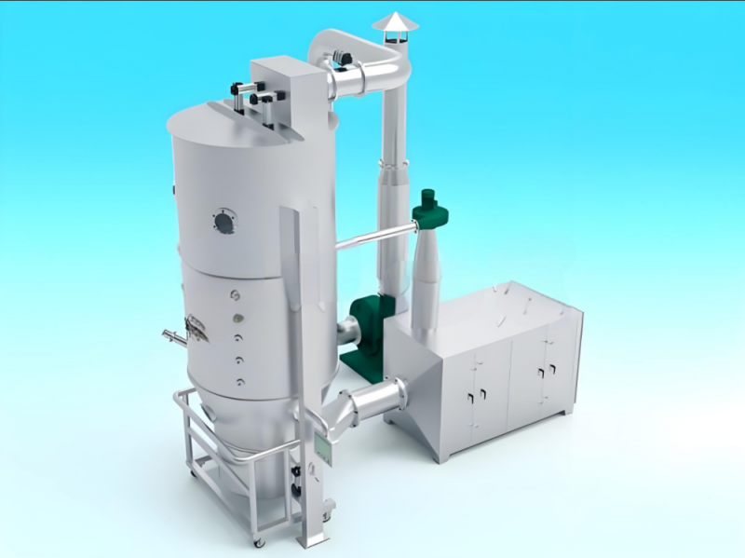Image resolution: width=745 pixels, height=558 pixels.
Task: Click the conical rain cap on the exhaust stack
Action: [395, 22]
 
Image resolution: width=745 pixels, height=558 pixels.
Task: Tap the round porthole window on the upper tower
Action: [223, 222]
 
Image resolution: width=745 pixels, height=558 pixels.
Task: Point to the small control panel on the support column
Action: [323, 445]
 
